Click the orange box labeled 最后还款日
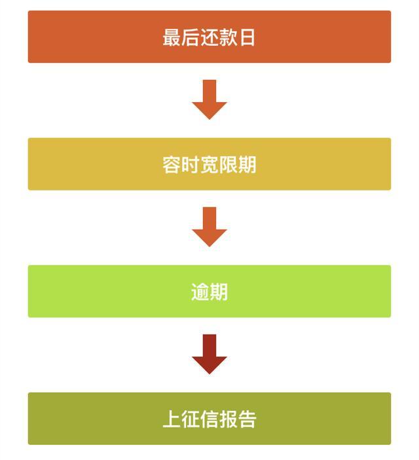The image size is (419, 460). click(209, 37)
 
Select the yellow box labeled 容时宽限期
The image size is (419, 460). click(209, 164)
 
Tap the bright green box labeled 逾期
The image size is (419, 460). click(209, 291)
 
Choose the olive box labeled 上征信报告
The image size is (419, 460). click(209, 419)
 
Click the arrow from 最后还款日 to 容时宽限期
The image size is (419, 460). click(209, 99)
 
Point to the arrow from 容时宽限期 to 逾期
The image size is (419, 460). click(209, 227)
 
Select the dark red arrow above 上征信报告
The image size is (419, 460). click(209, 354)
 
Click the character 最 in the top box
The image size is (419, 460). click(172, 37)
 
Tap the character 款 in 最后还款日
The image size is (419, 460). click(228, 37)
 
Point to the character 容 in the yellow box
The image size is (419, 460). click(172, 165)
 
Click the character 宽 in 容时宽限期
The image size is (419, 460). click(209, 165)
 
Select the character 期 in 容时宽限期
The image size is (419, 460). click(247, 165)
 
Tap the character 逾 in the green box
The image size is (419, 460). click(200, 292)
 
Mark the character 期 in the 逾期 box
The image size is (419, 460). click(219, 292)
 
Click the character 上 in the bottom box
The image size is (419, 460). click(172, 419)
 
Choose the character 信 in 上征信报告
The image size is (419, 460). click(209, 419)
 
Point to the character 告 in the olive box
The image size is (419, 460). click(247, 419)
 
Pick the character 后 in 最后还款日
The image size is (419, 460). click(191, 37)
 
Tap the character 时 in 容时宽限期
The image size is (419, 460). click(191, 165)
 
